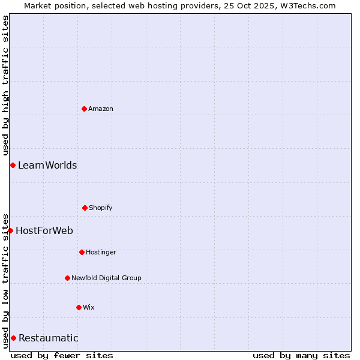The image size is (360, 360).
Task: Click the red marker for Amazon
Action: pos(84,109)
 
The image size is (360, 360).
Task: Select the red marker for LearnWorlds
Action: pos(13,165)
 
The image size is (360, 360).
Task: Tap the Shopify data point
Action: pos(85,208)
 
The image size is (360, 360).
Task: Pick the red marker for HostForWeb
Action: pos(10,230)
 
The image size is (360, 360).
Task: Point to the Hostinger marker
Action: pos(82,252)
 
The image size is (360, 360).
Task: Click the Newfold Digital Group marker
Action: pos(67,278)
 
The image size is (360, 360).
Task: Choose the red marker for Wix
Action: pos(79,307)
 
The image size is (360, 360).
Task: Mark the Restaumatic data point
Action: pos(13,338)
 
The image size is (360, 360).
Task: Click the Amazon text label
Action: pos(101,109)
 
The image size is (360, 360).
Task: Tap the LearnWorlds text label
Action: pos(47,165)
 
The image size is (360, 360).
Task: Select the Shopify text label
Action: pos(101,208)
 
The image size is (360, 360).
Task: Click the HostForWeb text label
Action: pos(44,230)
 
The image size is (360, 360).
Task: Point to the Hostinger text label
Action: pos(101,252)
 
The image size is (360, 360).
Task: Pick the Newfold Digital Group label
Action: pos(106,278)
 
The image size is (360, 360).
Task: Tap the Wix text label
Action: pos(89,307)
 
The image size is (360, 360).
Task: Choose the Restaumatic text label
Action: pos(49,338)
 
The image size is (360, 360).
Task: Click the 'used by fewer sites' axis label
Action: pos(62,355)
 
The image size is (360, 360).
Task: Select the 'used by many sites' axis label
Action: pos(301,355)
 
